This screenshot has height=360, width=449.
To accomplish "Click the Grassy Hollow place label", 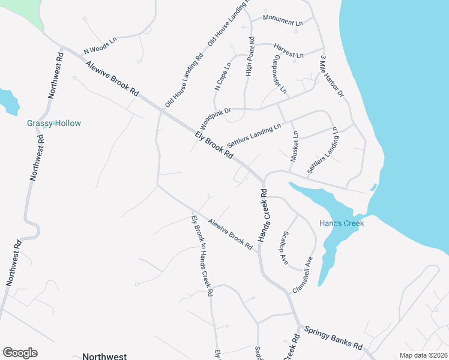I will point(54,124).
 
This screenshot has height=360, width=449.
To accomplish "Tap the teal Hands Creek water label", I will point(342,223).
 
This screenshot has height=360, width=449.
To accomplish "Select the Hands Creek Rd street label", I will point(262,216).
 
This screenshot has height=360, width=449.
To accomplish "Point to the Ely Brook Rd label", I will point(214,144).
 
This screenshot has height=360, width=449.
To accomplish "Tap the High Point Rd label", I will point(251,57).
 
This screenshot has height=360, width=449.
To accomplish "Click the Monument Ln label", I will point(283,22).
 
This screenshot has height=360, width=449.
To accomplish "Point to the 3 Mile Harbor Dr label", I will point(331,76).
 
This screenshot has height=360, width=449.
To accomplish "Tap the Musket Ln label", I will point(294,148).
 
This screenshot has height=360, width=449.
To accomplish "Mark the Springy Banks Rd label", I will point(333,338).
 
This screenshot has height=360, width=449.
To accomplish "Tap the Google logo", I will point(20,353).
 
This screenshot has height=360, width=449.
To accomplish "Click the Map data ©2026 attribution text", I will point(423,355).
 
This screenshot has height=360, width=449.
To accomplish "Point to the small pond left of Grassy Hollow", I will point(8,101).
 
